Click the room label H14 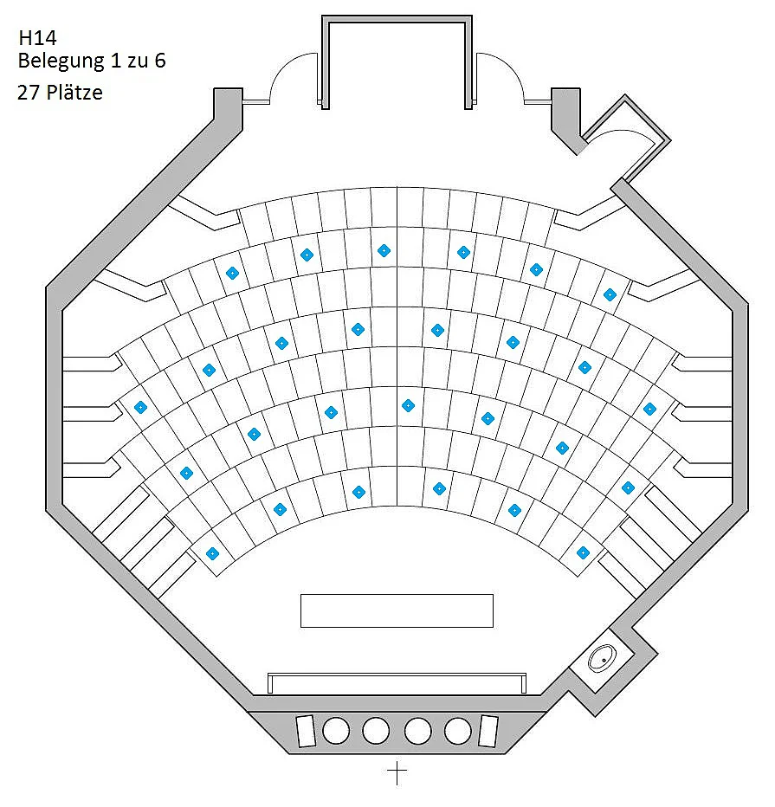pos(37,37)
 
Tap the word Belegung pos(61,61)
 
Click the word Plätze pos(74,93)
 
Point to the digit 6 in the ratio pos(160,61)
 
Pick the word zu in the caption pos(138,61)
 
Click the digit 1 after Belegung pos(115,61)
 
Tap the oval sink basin pos(603,658)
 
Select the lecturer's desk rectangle pos(397,611)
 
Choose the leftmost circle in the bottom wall pos(335,731)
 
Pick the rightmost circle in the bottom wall pos(457,731)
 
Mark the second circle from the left pos(376,731)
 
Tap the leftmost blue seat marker pos(140,408)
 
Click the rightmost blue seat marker pos(649,410)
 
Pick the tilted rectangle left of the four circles pos(306,731)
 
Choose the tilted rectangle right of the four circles pos(488,731)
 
